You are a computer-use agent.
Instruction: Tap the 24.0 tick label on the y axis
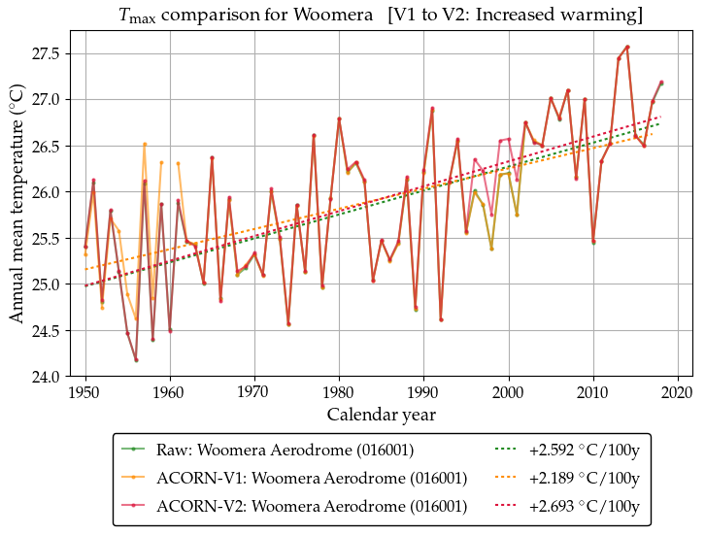[45, 377]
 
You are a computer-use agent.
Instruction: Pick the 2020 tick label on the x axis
[678, 391]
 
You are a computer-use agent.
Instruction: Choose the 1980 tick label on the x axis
[339, 391]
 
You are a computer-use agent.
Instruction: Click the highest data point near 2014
[627, 47]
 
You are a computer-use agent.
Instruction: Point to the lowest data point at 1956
[136, 360]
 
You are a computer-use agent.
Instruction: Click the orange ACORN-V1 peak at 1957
[145, 144]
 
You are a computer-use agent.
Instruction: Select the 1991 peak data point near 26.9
[432, 109]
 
